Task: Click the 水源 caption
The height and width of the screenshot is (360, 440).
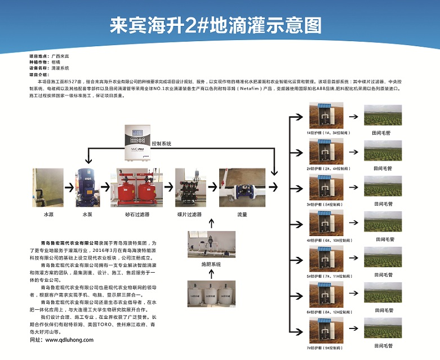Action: tap(48, 215)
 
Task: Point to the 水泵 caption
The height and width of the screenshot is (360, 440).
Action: tap(87, 215)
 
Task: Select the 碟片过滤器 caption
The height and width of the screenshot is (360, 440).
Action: tap(189, 215)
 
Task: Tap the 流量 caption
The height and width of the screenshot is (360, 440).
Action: tap(242, 215)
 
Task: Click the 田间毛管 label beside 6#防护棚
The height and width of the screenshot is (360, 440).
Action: tap(383, 310)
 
